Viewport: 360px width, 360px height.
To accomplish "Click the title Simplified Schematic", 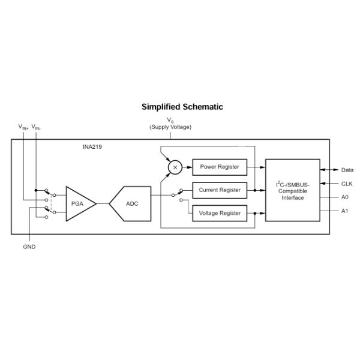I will [x=182, y=107].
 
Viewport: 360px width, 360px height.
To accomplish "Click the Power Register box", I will [x=219, y=167].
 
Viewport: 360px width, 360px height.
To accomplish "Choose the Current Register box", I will [x=219, y=190].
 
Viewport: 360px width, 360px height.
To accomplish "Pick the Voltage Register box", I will [x=219, y=213].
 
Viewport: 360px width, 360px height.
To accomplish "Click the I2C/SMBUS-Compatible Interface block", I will [x=293, y=190].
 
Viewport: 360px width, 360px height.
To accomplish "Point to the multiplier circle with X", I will [x=175, y=167].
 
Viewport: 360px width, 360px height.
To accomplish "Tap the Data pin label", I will [x=347, y=170].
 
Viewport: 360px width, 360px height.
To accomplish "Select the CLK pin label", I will [x=347, y=184].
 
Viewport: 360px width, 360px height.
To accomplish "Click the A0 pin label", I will [x=344, y=197].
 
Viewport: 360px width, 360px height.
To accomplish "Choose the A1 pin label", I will [x=344, y=211].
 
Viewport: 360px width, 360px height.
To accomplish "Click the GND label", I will [x=29, y=247].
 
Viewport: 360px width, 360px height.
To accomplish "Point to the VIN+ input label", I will [x=23, y=127].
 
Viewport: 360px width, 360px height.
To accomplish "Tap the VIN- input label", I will [x=37, y=127].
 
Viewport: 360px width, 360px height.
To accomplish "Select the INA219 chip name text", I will [x=92, y=146].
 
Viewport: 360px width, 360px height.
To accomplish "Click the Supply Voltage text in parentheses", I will [x=170, y=127].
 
